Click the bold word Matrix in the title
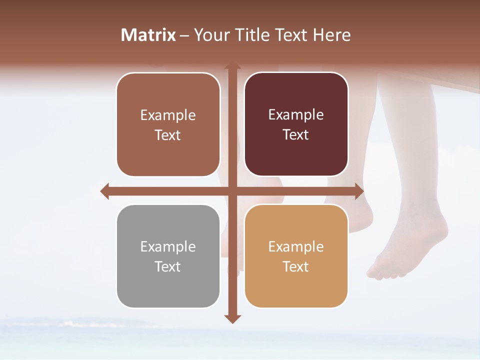point(148,35)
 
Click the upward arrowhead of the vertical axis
point(232,67)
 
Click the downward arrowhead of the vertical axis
point(232,319)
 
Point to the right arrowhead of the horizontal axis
point(359,191)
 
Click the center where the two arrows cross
point(232,191)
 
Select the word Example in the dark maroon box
point(296,115)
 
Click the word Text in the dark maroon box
point(296,135)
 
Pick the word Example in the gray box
point(168,246)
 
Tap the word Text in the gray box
point(168,266)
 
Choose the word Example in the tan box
point(296,246)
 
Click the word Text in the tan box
point(296,266)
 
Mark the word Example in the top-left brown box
point(168,115)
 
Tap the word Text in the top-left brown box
point(168,135)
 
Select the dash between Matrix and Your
point(184,35)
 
